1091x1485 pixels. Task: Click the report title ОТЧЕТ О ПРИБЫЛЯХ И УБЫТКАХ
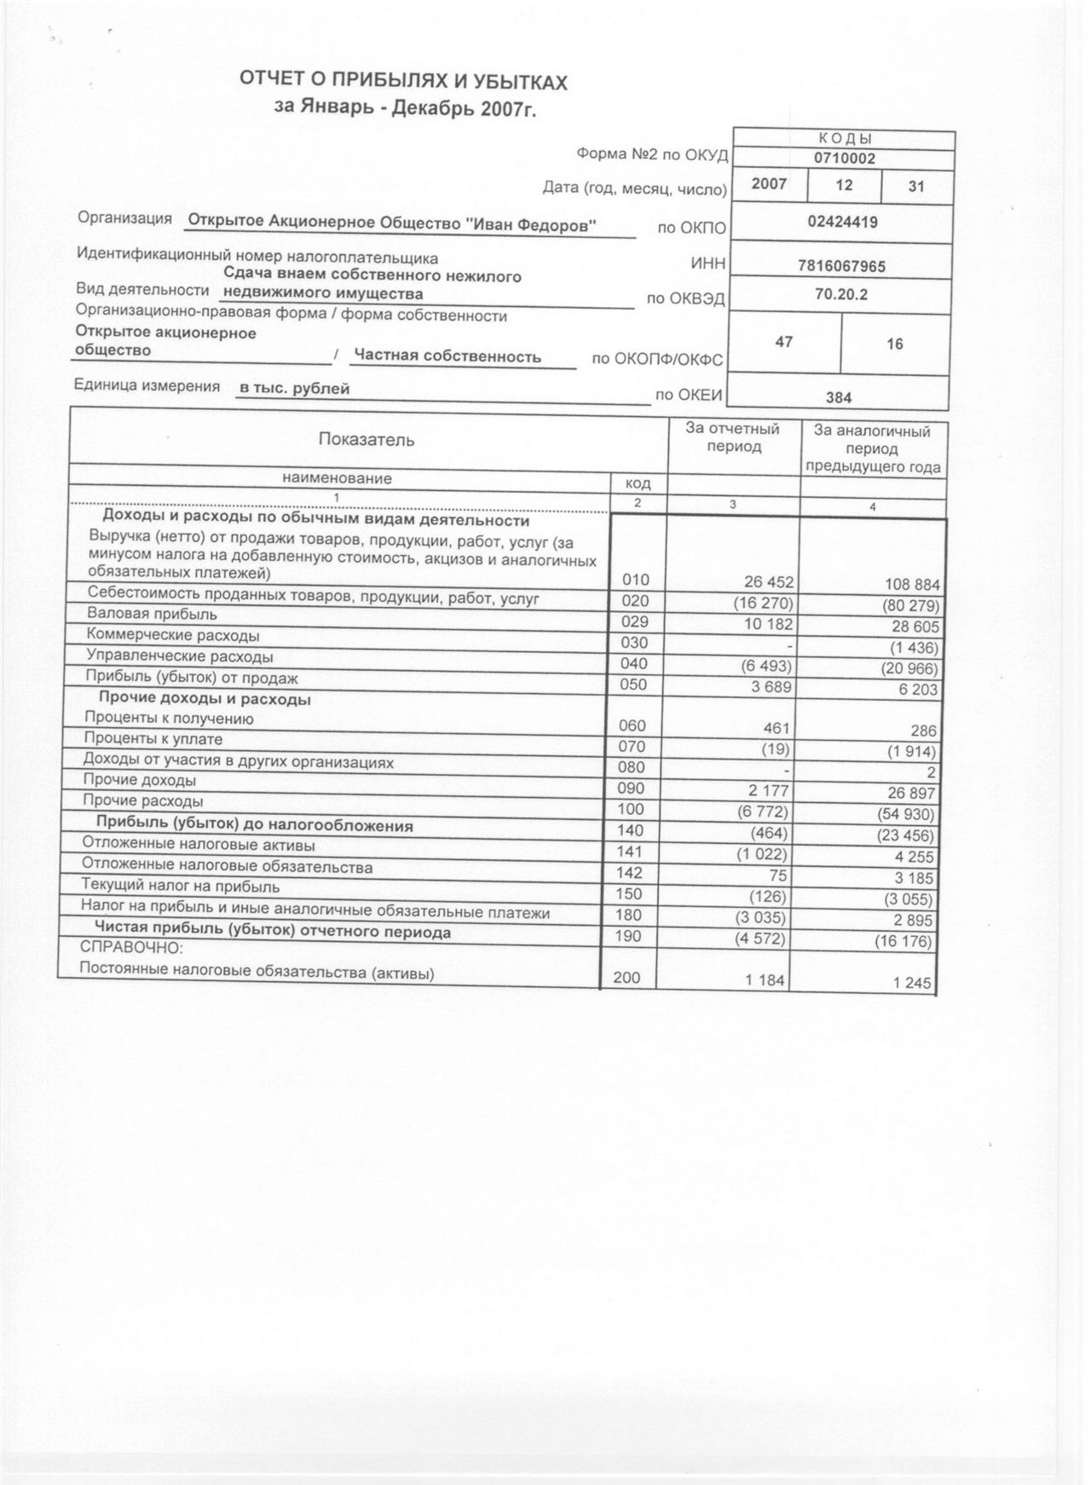coord(403,83)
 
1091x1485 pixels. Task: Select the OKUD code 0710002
coord(844,159)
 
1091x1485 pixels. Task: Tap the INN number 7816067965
coord(841,266)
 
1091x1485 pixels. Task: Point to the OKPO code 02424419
coord(842,222)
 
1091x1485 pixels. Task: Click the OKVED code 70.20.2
coord(841,295)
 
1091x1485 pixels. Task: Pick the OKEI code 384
coord(839,397)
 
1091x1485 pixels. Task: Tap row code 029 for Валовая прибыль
coord(635,622)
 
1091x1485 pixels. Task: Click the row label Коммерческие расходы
coord(173,636)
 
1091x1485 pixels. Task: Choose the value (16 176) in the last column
coord(907,942)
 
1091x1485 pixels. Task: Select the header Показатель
coord(367,440)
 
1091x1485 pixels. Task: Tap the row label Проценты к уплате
coord(153,739)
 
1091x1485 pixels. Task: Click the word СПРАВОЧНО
coord(132,947)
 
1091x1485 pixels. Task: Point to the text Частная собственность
coord(447,356)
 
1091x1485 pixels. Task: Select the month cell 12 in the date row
coord(845,184)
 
